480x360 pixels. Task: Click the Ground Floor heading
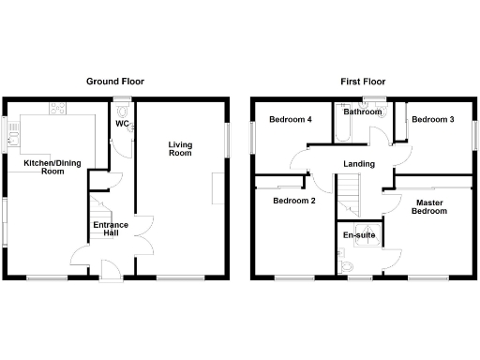tap(115, 82)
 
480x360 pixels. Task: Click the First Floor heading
tap(362, 82)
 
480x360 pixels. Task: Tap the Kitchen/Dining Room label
tap(45, 167)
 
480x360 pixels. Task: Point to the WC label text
tap(122, 124)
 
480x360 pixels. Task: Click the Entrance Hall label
tap(110, 229)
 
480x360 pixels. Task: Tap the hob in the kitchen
tap(57, 109)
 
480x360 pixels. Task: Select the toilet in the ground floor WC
tap(123, 109)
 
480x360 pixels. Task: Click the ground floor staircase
tap(99, 205)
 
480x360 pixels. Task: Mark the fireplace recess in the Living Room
tap(217, 187)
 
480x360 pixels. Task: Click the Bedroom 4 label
tap(290, 120)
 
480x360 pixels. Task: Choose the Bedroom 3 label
tap(433, 120)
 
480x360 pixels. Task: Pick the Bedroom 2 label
tap(293, 201)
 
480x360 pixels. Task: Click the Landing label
tap(359, 164)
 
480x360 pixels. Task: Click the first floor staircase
tap(350, 197)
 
